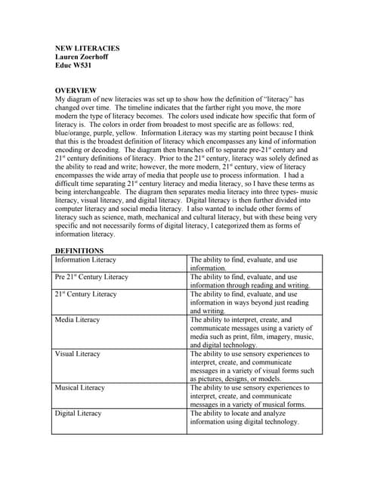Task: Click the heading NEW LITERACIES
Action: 88,48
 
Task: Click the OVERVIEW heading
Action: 79,90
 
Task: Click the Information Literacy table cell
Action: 85,259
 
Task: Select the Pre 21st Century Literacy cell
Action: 91,278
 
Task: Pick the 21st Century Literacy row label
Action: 85,294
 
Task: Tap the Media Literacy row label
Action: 77,320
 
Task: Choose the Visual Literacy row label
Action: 79,354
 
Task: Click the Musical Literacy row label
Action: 80,388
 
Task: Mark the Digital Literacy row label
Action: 78,414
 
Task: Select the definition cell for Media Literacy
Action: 249,332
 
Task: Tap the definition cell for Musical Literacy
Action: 249,396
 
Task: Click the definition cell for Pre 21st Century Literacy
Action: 249,281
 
